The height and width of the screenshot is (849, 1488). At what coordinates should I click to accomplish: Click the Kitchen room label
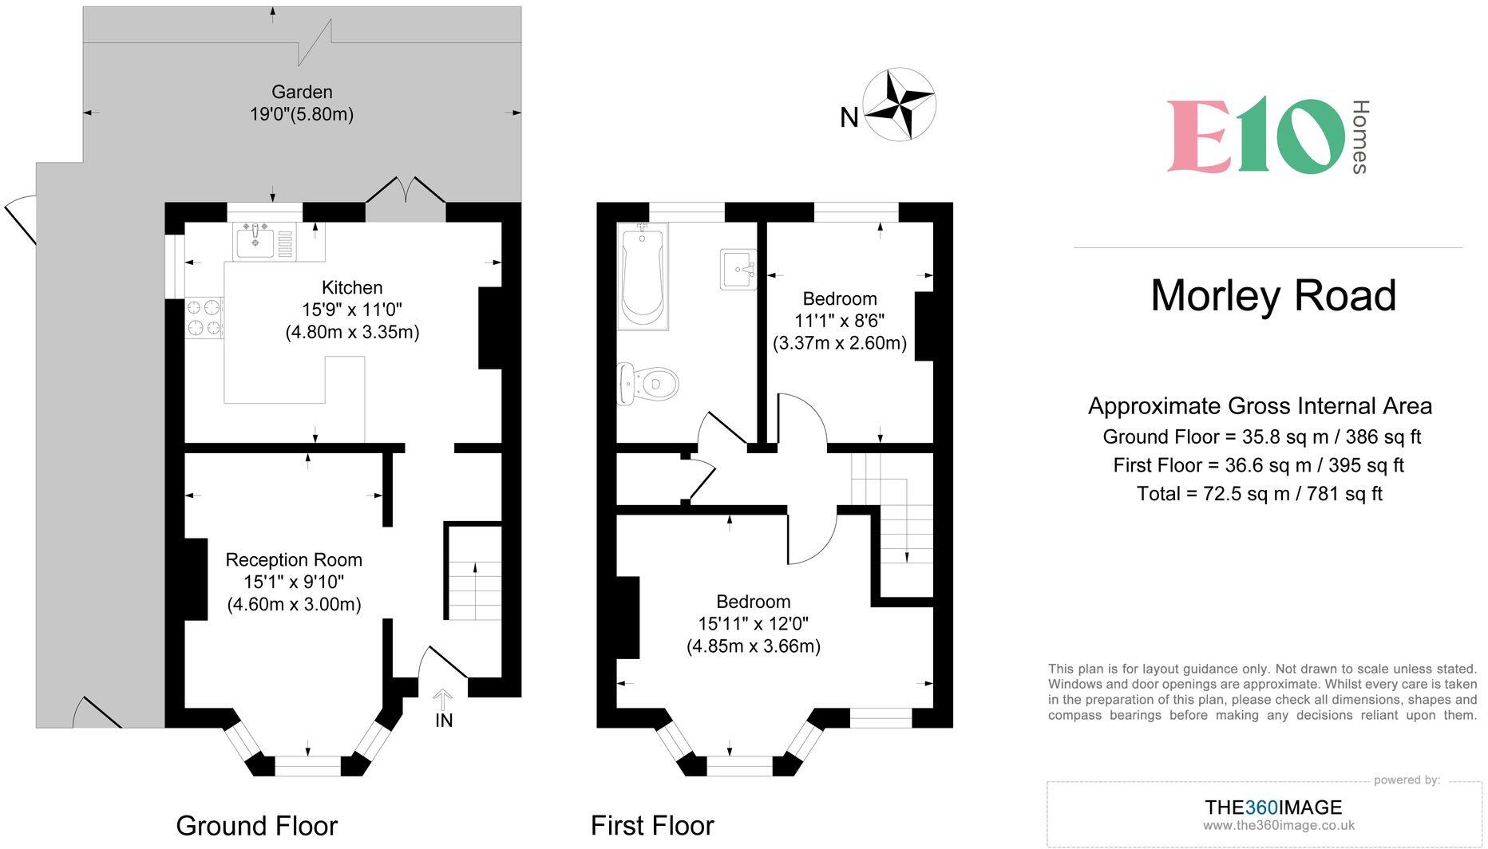pos(352,287)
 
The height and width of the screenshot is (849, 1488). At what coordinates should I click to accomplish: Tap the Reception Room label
pos(294,559)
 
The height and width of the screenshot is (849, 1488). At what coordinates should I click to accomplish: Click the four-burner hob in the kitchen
pos(204,317)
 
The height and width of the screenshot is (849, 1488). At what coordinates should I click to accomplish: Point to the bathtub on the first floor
pos(643,276)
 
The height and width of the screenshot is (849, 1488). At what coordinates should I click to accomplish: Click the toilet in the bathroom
pos(647,384)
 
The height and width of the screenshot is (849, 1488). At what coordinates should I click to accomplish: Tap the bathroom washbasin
pos(738,269)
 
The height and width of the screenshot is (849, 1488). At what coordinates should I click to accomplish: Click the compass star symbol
pos(900,105)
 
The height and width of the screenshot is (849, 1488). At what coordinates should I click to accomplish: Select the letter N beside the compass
pos(849,118)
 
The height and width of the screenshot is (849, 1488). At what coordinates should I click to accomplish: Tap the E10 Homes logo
pos(1268,136)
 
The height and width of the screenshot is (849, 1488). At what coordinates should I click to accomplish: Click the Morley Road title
pos(1273,295)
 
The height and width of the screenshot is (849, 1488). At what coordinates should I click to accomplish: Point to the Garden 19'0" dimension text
pos(302,114)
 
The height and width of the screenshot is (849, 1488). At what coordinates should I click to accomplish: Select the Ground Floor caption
pos(257,825)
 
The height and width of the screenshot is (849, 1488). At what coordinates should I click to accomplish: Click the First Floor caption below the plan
pos(652,825)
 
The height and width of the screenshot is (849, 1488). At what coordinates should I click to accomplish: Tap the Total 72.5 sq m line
pos(1260,494)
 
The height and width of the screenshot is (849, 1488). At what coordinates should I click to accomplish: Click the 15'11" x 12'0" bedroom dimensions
pos(754,624)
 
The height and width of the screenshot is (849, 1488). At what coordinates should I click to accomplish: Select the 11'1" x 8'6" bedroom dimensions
pos(840,321)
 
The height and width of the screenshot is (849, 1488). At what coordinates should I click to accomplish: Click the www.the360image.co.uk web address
pos(1279,826)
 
